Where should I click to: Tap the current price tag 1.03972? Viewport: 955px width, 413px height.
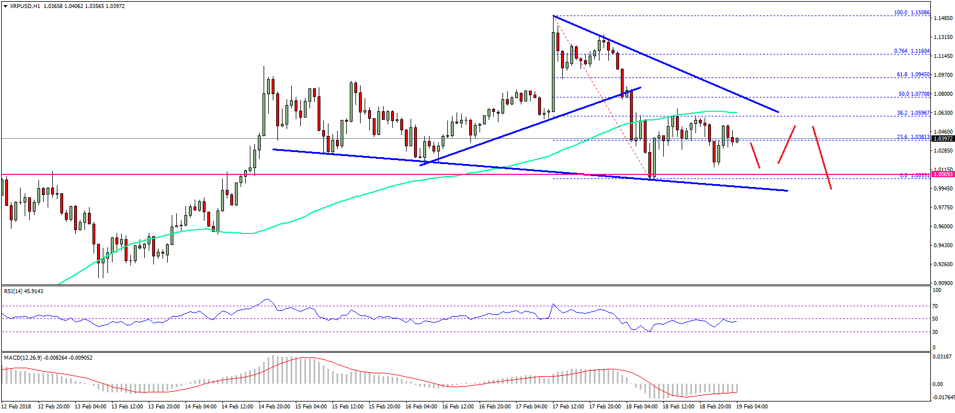[943, 139]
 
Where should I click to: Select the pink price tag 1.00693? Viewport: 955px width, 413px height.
[943, 174]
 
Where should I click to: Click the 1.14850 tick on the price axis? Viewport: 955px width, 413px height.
[944, 18]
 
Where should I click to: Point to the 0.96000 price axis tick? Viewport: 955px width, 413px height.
[944, 226]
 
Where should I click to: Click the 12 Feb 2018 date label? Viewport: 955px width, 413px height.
[17, 407]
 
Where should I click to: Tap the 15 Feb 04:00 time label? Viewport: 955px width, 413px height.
[311, 407]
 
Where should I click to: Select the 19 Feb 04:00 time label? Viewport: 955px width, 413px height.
[752, 407]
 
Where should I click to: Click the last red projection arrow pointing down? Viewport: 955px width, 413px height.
[822, 157]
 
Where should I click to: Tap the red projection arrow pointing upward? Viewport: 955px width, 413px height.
[787, 145]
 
